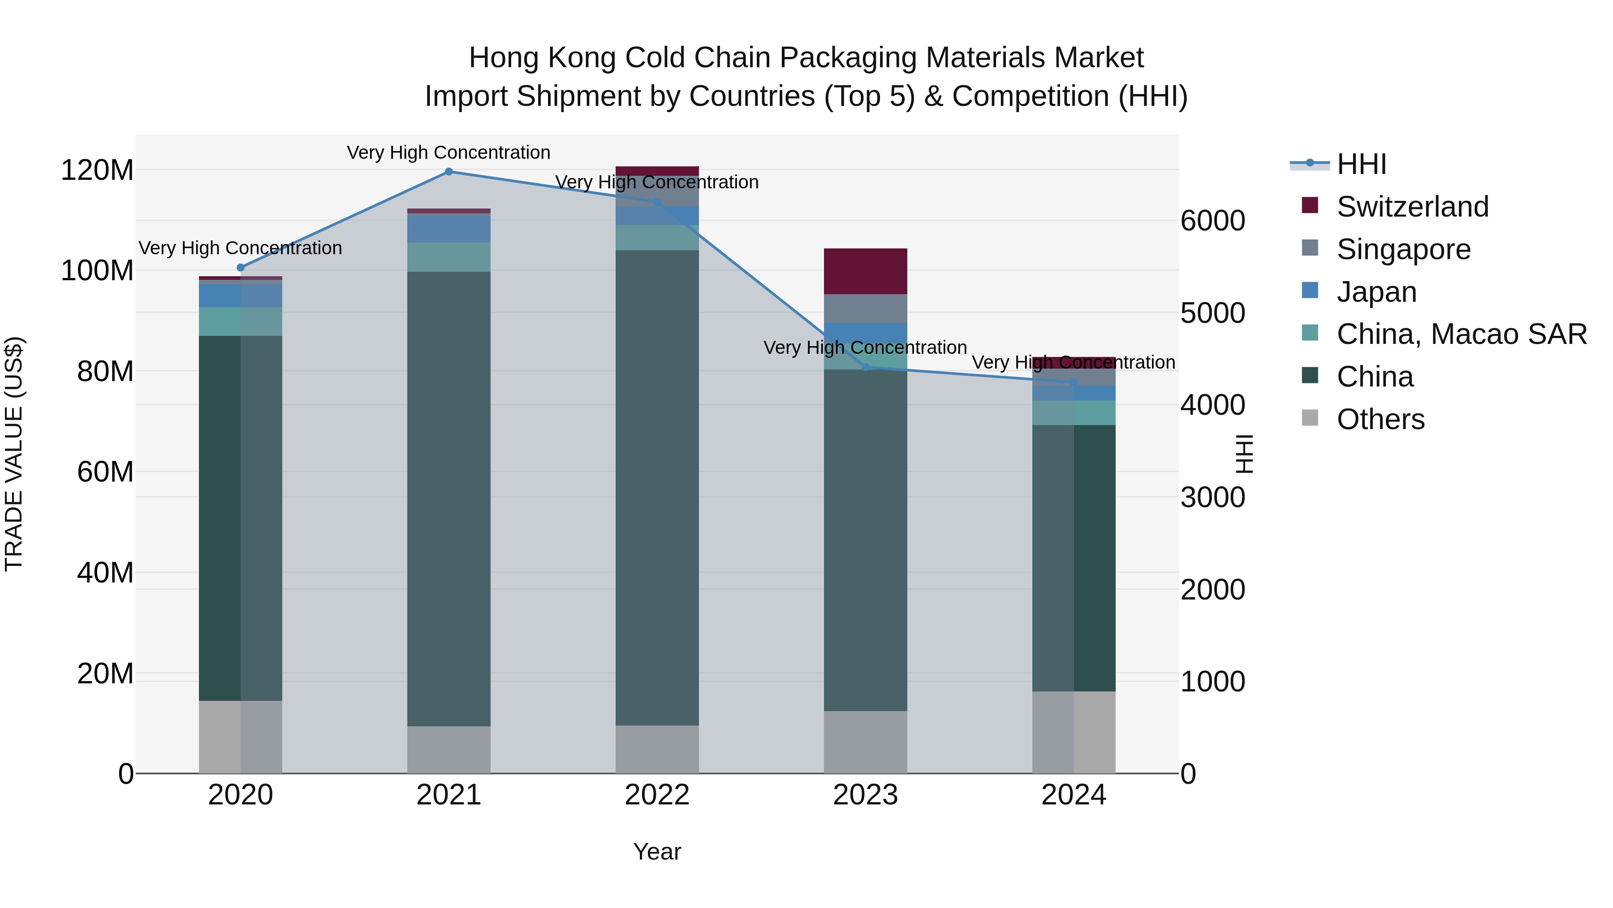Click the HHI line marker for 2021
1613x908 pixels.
tap(449, 172)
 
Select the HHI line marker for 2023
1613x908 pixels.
tap(865, 367)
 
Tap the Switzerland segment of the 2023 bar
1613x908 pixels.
tap(865, 271)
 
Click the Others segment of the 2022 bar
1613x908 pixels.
tap(657, 749)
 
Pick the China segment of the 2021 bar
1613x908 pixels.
tap(449, 498)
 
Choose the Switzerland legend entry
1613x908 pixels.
tap(1412, 207)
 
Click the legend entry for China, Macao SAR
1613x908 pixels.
tap(1461, 334)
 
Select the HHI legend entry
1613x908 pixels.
tap(1361, 164)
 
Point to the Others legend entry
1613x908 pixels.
tap(1380, 419)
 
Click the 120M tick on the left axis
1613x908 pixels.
tap(97, 170)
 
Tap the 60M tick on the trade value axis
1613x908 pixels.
tap(105, 472)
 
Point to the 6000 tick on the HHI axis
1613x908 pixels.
tap(1213, 221)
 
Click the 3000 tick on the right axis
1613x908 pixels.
tap(1213, 498)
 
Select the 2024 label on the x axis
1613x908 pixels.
tap(1073, 795)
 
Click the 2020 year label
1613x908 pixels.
tap(241, 795)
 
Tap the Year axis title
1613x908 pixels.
tap(657, 852)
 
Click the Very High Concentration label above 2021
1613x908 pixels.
tap(449, 152)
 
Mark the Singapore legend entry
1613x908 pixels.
tap(1403, 249)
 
